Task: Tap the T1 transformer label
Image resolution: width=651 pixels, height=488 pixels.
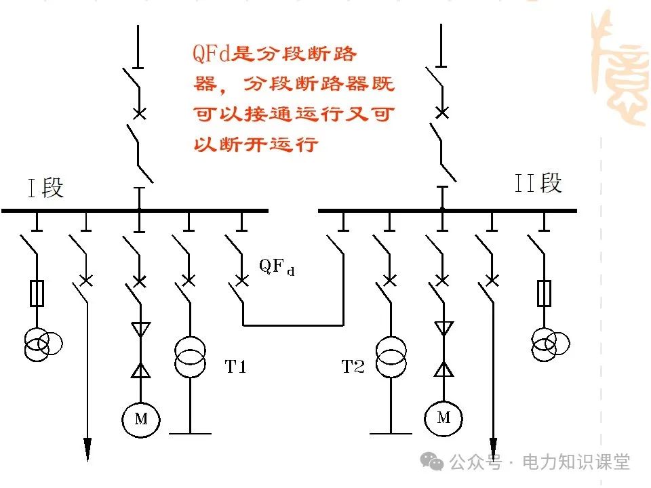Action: [235, 367]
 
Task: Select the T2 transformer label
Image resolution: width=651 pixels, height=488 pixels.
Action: [353, 367]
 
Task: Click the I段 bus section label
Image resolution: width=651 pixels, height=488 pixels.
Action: [46, 188]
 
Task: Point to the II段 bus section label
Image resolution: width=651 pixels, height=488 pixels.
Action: [538, 184]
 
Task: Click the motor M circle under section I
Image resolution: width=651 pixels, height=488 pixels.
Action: [140, 419]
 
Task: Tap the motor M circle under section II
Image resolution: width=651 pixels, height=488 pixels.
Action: [443, 417]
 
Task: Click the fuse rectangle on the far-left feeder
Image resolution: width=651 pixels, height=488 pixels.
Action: [37, 293]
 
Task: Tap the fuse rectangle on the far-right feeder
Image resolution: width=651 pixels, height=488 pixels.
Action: [544, 293]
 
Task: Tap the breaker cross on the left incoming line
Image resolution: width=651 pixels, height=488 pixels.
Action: [139, 113]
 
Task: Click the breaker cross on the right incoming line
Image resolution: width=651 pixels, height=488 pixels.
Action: [441, 113]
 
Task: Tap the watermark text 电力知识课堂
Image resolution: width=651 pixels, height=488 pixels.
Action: [576, 462]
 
